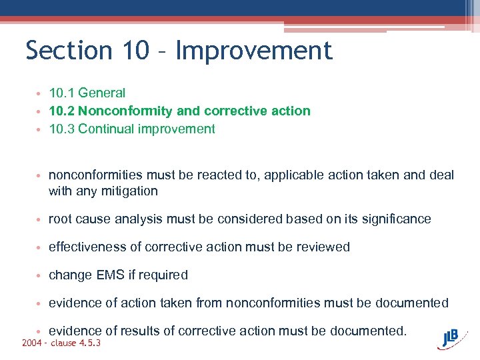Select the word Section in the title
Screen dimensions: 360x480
(69, 51)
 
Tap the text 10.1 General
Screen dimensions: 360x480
(87, 93)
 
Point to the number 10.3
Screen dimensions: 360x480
(61, 129)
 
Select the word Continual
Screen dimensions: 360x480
(105, 129)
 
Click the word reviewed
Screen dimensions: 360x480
(323, 247)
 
